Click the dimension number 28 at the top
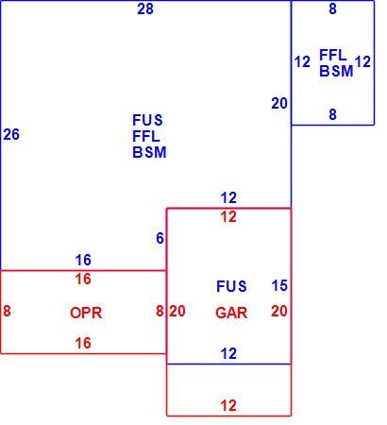145,9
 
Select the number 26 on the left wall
11,135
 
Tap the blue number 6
160,238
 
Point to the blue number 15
279,285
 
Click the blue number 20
279,103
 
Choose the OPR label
86,313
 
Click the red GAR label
231,313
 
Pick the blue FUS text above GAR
231,286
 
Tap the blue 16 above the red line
83,260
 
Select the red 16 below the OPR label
83,343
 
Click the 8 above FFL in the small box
333,9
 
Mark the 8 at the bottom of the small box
333,114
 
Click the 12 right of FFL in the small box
362,61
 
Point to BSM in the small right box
336,71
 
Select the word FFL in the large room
146,137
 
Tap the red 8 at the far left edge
7,311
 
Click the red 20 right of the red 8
177,312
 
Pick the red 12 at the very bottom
228,405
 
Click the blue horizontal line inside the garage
228,365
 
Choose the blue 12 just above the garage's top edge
228,198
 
